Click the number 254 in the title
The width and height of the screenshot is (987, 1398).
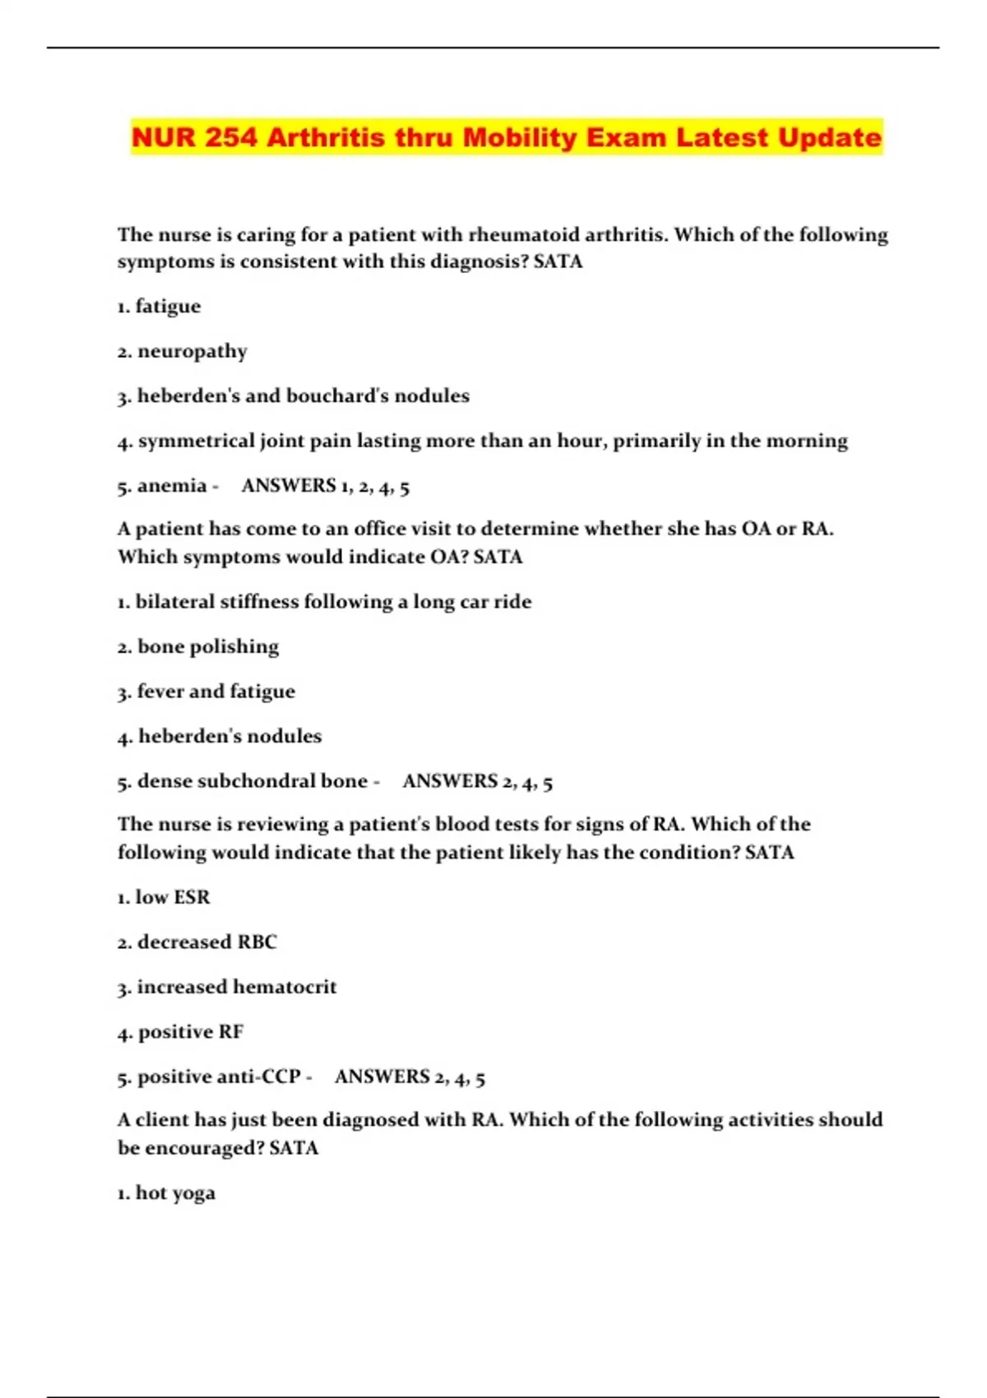click(x=230, y=137)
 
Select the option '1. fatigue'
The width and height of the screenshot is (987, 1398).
click(x=160, y=307)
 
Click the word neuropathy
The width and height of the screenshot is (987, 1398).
click(x=192, y=352)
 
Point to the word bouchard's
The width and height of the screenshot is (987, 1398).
click(x=337, y=396)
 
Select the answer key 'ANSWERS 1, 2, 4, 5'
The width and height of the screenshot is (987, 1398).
click(x=326, y=486)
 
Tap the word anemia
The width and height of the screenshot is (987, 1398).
click(x=172, y=486)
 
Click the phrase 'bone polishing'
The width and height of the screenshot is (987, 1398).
click(x=208, y=647)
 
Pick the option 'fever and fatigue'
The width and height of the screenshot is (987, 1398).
click(x=215, y=692)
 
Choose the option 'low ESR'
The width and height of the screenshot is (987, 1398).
click(x=164, y=897)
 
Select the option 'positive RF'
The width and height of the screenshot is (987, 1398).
click(x=190, y=1032)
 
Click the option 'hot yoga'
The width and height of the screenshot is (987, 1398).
click(x=167, y=1193)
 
